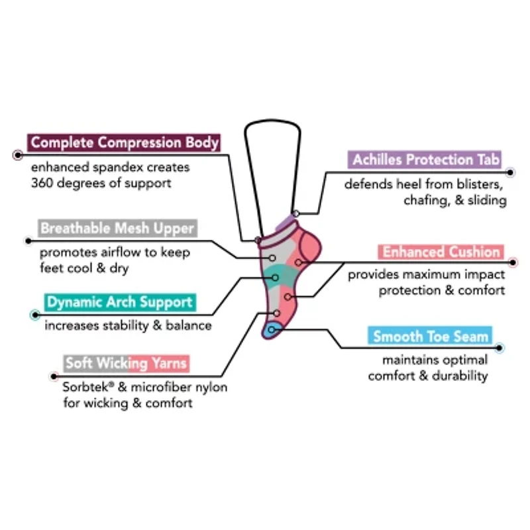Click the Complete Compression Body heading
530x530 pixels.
click(x=124, y=142)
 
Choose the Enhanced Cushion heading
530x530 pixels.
click(x=441, y=252)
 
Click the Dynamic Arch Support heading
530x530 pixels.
click(x=120, y=302)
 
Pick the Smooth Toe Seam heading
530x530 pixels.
click(x=431, y=336)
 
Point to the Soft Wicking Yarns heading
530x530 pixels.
click(x=127, y=363)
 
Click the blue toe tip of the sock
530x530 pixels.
click(x=270, y=328)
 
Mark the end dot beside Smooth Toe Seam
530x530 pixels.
click(x=499, y=347)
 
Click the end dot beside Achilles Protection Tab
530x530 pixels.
click(x=510, y=172)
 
